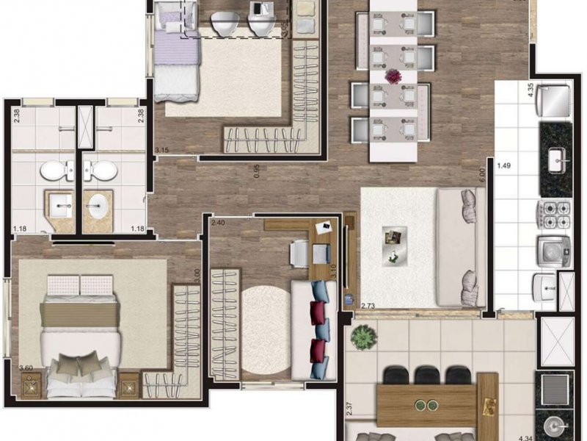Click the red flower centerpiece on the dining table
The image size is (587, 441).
point(395,76)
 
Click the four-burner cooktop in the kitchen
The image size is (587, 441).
point(555,214)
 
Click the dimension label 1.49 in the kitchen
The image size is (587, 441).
point(504,166)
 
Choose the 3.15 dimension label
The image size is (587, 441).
point(161,151)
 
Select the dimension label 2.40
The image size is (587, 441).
point(218,222)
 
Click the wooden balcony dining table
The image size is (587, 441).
point(437,403)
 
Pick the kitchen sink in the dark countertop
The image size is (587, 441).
point(556,158)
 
